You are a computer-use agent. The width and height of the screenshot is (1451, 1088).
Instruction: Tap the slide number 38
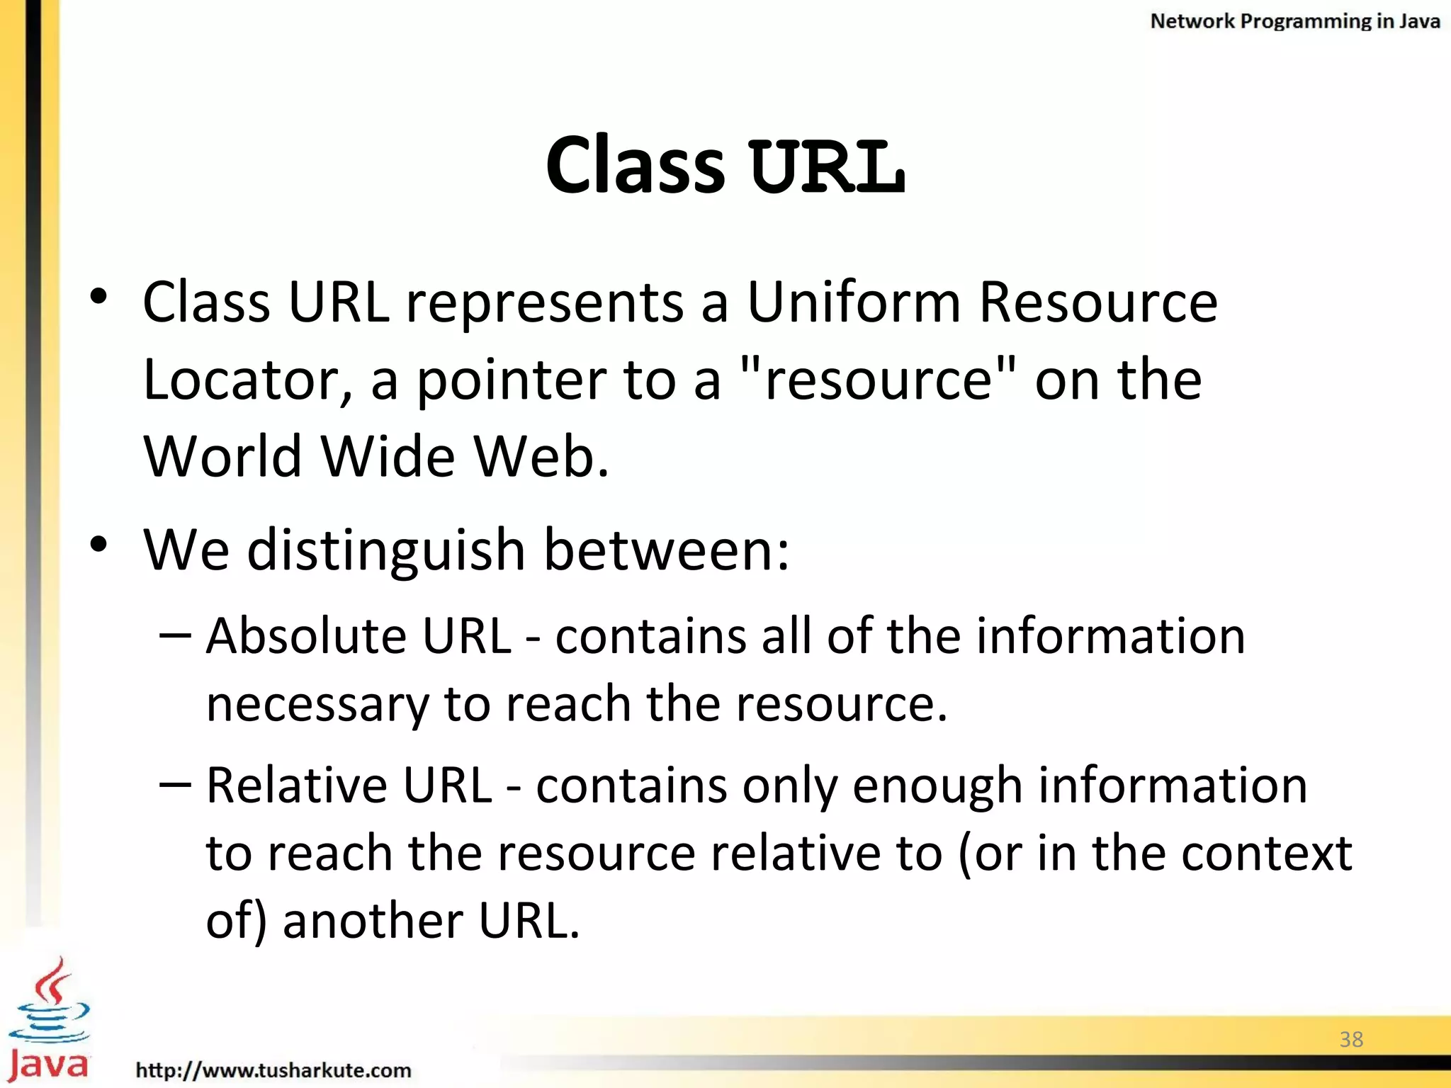(x=1351, y=1039)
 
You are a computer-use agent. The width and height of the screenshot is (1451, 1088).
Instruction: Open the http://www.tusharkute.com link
(x=273, y=1070)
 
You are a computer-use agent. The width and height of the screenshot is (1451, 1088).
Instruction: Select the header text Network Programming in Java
(x=1294, y=21)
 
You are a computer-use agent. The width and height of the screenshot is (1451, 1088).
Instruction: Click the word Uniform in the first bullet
(x=853, y=302)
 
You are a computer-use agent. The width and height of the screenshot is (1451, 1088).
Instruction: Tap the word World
(x=223, y=456)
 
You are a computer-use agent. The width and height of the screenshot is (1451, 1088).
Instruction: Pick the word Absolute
(x=306, y=635)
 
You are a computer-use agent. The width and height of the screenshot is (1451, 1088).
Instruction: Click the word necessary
(x=317, y=705)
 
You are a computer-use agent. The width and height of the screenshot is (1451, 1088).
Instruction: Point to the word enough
(x=937, y=786)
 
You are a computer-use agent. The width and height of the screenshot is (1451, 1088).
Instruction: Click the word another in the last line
(x=372, y=921)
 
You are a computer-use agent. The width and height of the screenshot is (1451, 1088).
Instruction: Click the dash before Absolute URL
(x=175, y=635)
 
